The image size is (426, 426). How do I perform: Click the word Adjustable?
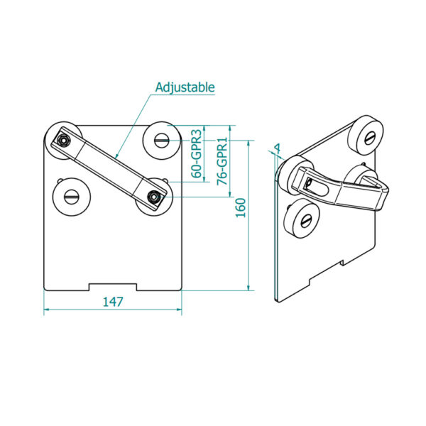pyautogui.click(x=185, y=87)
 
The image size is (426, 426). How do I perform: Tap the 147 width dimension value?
pyautogui.click(x=113, y=302)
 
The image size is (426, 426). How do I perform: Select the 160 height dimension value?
pyautogui.click(x=241, y=208)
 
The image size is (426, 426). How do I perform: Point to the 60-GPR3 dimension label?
pyautogui.click(x=197, y=153)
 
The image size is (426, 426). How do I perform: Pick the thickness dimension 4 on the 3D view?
pyautogui.click(x=278, y=148)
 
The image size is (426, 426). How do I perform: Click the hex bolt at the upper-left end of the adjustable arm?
pyautogui.click(x=63, y=141)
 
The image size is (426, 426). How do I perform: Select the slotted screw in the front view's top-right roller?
pyautogui.click(x=162, y=141)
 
